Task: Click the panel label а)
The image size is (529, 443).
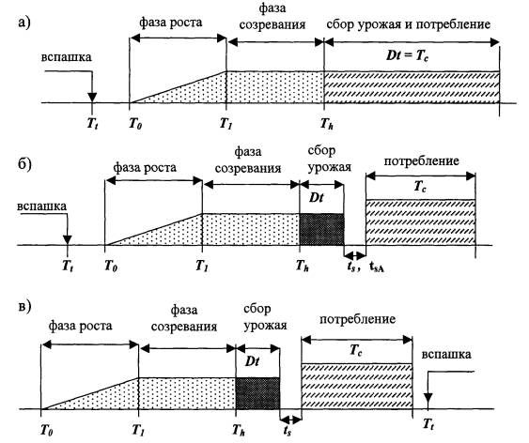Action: (23, 23)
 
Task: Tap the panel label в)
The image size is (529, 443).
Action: (23, 306)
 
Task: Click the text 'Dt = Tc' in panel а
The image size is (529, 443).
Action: (408, 55)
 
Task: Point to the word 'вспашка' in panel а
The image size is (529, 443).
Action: (66, 57)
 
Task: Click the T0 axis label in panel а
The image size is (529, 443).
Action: (135, 124)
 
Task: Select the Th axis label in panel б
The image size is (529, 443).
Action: (303, 267)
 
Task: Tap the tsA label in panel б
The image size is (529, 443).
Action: (378, 267)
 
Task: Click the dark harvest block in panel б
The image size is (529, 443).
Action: (322, 229)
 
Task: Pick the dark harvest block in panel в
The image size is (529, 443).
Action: (257, 393)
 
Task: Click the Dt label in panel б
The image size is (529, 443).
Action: (316, 197)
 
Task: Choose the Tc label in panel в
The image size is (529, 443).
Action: (355, 350)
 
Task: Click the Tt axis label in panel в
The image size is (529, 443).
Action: (428, 424)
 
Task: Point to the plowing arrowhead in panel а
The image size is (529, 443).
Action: (92, 98)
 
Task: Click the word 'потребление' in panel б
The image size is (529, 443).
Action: (421, 161)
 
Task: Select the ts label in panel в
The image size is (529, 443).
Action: (288, 431)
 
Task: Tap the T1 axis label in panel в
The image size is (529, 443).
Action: (138, 430)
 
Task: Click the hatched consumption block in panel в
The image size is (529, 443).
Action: (357, 387)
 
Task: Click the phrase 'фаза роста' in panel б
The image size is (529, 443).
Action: (145, 167)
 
